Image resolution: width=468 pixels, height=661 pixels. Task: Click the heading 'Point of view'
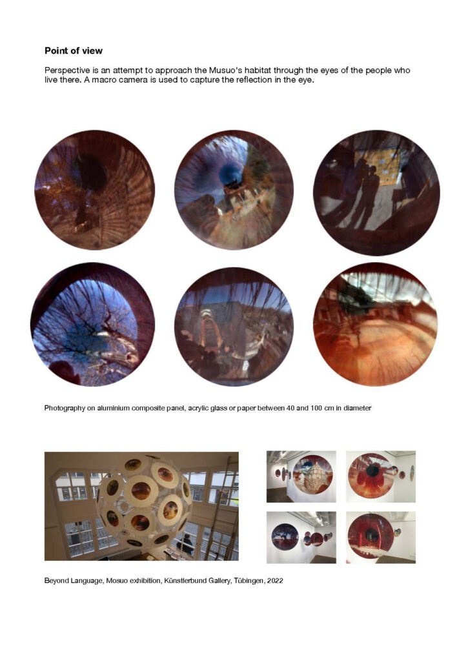pos(74,50)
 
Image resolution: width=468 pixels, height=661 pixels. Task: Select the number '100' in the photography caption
pos(316,408)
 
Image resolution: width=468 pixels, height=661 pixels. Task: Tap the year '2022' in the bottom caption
pos(275,580)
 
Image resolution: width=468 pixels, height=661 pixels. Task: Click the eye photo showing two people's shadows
pos(376,192)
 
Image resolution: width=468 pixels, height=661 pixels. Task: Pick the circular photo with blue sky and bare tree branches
pos(92,325)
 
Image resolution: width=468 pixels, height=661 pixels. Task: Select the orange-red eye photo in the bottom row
pos(375,325)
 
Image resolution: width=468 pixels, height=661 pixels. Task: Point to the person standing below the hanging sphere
pos(185,544)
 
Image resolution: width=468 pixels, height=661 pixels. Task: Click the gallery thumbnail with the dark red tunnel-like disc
pos(381,538)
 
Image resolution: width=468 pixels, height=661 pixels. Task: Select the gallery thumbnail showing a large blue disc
pos(301,538)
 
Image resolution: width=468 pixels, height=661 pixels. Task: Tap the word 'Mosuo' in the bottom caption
pos(117,580)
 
